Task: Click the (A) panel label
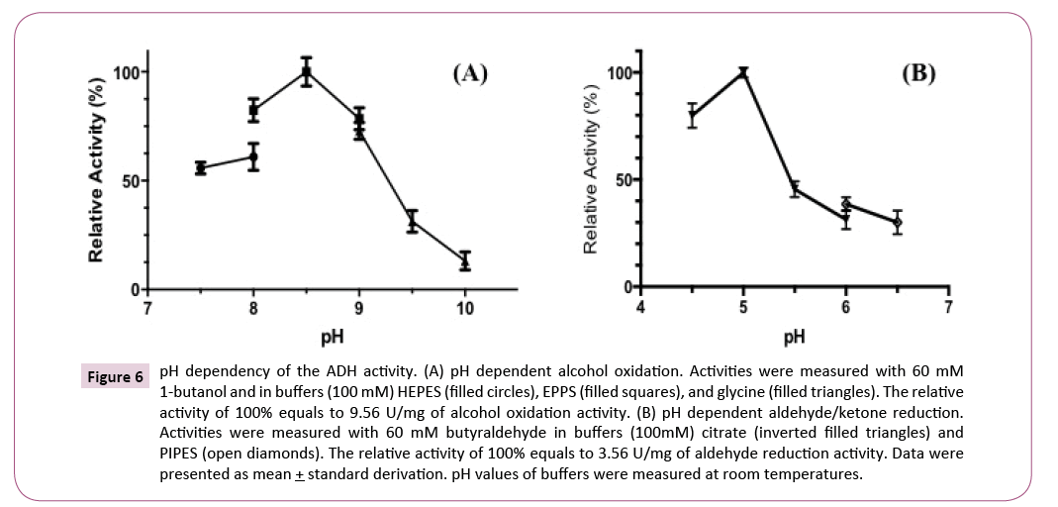pos(470,73)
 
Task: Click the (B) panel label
pos(917,73)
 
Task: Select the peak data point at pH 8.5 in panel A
pos(307,71)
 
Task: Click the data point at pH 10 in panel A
pos(465,261)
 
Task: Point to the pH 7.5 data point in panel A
pos(201,168)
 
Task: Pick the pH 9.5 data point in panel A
pos(412,222)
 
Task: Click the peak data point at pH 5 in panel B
pos(743,72)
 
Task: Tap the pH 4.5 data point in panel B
pos(693,115)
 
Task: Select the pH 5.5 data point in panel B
pos(795,189)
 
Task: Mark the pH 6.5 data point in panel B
pos(897,222)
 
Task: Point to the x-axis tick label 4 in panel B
pos(641,305)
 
